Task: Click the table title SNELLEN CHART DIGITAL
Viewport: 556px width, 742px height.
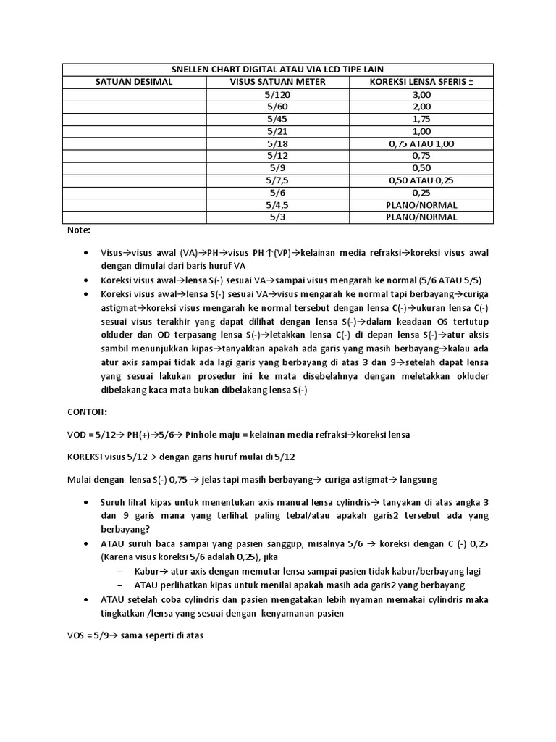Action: coord(277,69)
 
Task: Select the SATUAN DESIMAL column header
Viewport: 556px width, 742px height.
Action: coord(134,82)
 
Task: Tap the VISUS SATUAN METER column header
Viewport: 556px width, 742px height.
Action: coord(277,82)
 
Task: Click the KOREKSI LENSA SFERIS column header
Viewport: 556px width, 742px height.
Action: coord(421,82)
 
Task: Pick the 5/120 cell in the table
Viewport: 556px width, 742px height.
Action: coord(277,94)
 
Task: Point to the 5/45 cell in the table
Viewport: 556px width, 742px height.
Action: coord(277,119)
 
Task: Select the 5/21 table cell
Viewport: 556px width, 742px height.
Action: coord(277,131)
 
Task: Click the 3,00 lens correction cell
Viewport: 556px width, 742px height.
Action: coord(421,94)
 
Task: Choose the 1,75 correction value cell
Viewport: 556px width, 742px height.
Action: coord(421,119)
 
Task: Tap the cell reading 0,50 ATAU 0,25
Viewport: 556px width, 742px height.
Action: coord(421,180)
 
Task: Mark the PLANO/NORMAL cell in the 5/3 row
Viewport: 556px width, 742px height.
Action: coord(421,217)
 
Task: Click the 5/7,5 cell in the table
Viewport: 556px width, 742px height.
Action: coord(277,180)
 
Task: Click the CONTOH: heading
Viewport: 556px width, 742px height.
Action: coord(86,412)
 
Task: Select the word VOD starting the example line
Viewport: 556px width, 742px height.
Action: coord(76,434)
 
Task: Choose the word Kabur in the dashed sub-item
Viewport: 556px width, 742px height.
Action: coord(148,571)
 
